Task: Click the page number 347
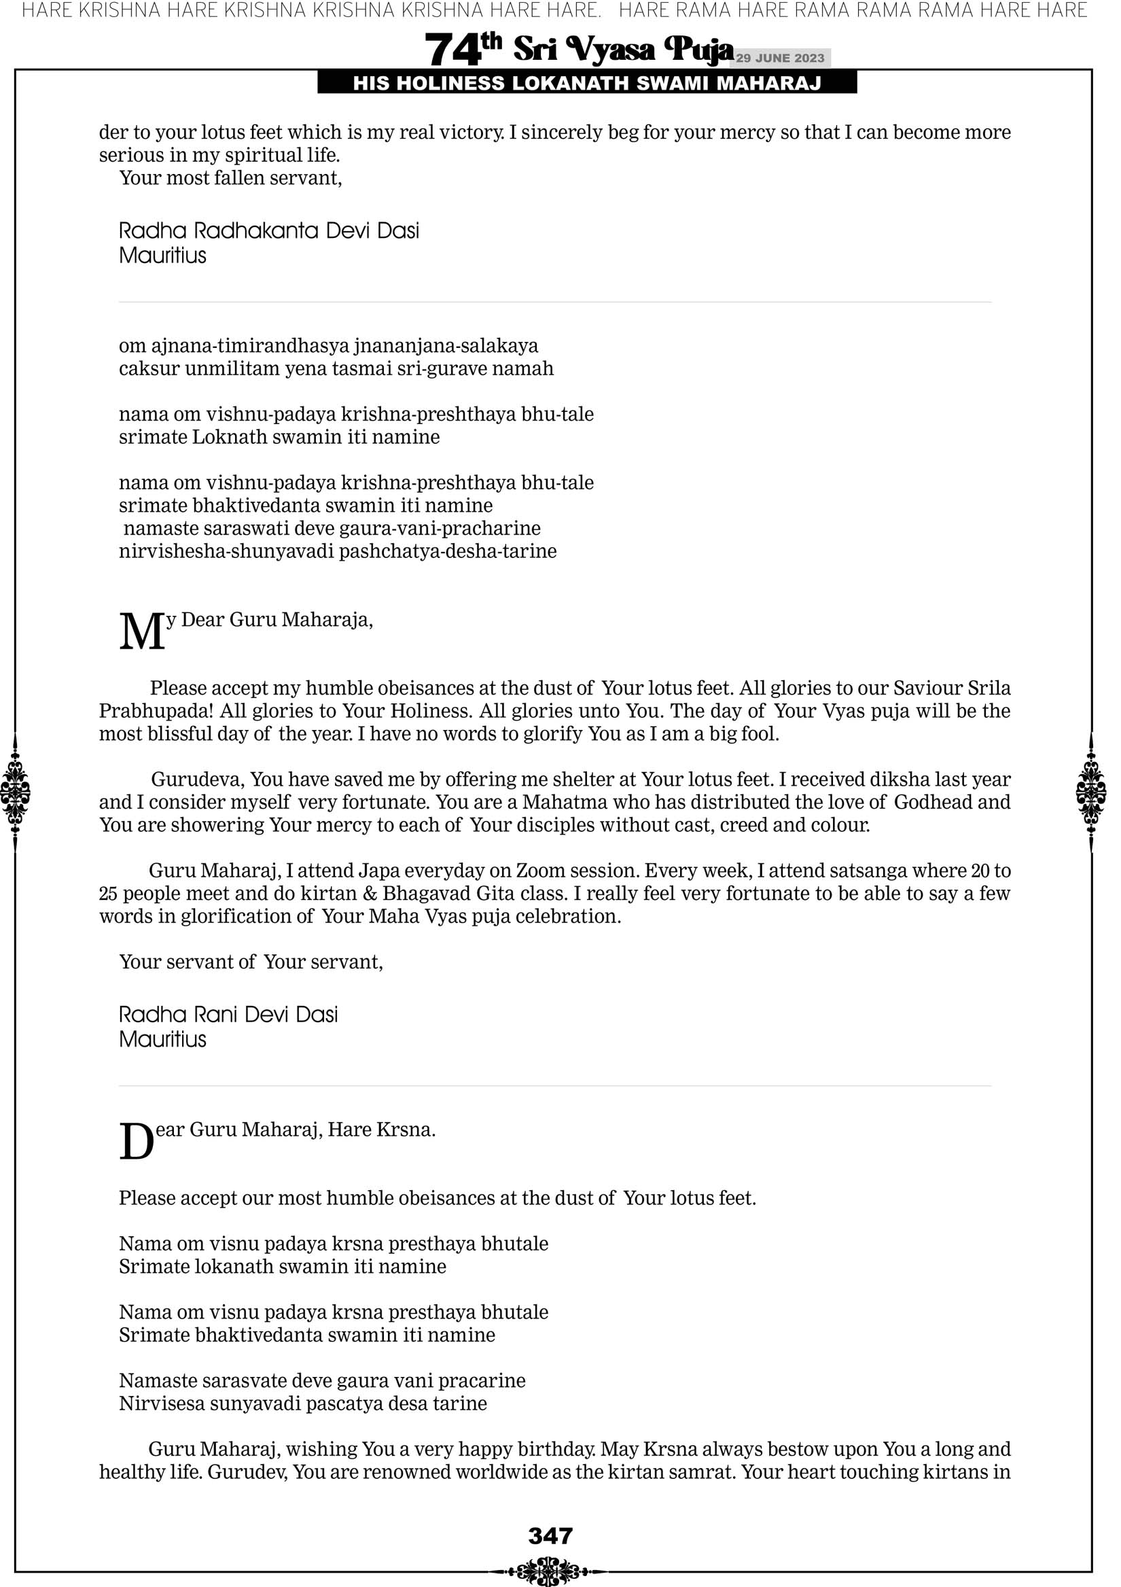[x=550, y=1535]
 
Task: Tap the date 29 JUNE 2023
[x=779, y=58]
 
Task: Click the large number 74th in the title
[x=463, y=49]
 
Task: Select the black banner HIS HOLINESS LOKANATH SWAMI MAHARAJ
[x=587, y=84]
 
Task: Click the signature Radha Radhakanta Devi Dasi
[x=269, y=230]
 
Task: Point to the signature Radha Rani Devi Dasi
[x=228, y=1014]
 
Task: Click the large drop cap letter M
[x=142, y=632]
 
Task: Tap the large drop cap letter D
[x=136, y=1142]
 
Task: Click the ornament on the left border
[x=15, y=792]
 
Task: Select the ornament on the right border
[x=1090, y=792]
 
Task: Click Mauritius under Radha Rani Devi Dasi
[x=162, y=1039]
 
